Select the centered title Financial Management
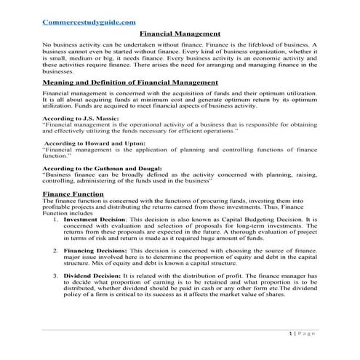(179, 34)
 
